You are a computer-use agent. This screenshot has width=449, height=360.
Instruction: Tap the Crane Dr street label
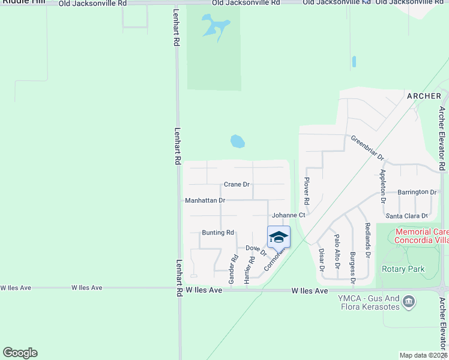pos(237,184)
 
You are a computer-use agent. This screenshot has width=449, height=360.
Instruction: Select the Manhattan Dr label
pos(205,200)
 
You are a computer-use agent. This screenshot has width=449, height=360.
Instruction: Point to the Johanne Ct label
pos(289,215)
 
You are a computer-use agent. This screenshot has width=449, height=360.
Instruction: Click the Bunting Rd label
pos(218,232)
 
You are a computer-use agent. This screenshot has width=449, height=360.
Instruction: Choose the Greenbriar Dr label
pos(367,147)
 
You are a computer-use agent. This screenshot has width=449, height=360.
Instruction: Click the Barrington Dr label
pos(417,192)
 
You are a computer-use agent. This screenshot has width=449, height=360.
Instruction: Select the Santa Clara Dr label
pos(406,215)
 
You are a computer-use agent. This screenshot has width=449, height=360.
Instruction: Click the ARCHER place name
pos(424,96)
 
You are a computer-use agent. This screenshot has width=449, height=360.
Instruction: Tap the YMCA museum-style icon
pos(409,301)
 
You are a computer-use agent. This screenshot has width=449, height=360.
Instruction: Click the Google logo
pos(20,353)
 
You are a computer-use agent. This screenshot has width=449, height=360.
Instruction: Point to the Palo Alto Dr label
pos(337,251)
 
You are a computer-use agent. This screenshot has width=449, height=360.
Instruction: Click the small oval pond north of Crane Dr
pos(238,142)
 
